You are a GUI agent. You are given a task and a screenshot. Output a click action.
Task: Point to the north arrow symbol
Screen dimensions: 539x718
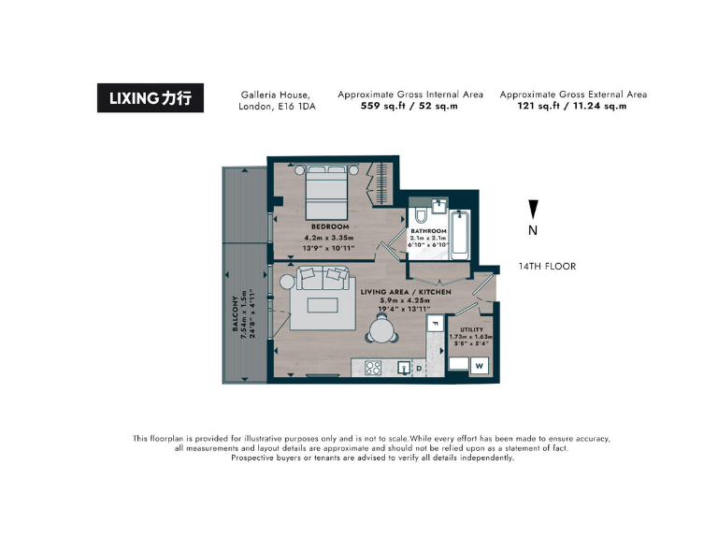533,209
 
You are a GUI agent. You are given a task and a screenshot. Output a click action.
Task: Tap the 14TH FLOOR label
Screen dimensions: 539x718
547,267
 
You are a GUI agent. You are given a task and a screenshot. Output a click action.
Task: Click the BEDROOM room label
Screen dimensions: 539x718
330,226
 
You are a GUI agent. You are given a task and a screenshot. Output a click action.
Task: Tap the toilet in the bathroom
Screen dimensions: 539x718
419,217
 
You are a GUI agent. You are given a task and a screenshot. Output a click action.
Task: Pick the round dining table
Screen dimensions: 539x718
381,329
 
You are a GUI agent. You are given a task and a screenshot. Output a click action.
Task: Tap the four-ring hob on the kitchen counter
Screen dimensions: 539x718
371,368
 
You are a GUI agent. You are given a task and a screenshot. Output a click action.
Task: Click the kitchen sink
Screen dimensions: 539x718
404,368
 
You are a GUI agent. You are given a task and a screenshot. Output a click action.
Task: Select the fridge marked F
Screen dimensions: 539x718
433,324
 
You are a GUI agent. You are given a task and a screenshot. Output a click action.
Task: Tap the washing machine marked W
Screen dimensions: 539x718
478,366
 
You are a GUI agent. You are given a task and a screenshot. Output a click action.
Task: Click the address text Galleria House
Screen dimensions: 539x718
275,95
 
